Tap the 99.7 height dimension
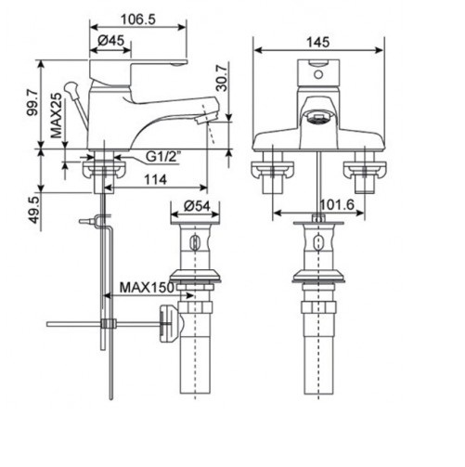click(x=32, y=105)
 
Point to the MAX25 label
click(x=58, y=115)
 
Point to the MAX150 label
click(x=140, y=289)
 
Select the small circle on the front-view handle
click(x=318, y=68)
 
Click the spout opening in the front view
click(x=318, y=117)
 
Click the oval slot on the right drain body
click(x=318, y=244)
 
